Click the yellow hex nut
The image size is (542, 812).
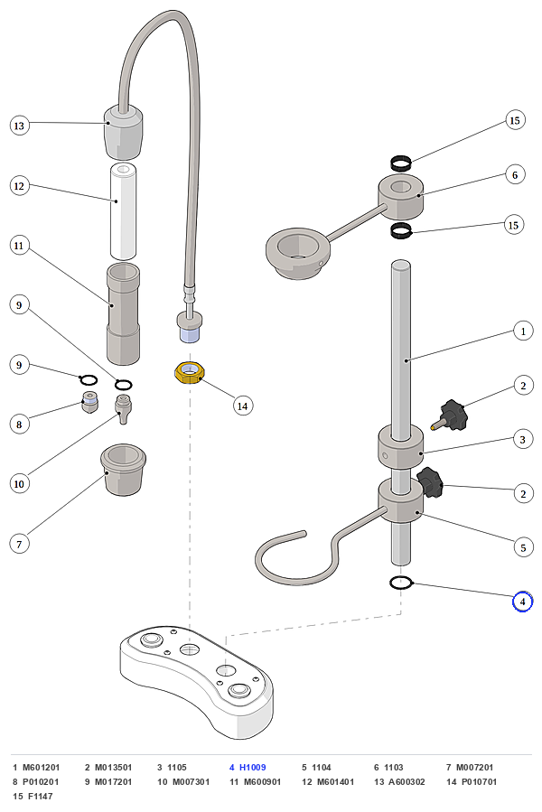point(190,373)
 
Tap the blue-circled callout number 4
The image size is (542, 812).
point(522,602)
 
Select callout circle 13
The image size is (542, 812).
point(19,126)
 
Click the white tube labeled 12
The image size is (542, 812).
point(124,210)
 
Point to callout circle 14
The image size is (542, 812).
point(242,406)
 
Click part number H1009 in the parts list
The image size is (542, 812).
point(252,768)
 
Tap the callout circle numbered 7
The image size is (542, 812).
point(19,545)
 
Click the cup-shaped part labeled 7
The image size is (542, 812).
point(123,469)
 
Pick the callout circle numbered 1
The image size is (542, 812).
point(523,331)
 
